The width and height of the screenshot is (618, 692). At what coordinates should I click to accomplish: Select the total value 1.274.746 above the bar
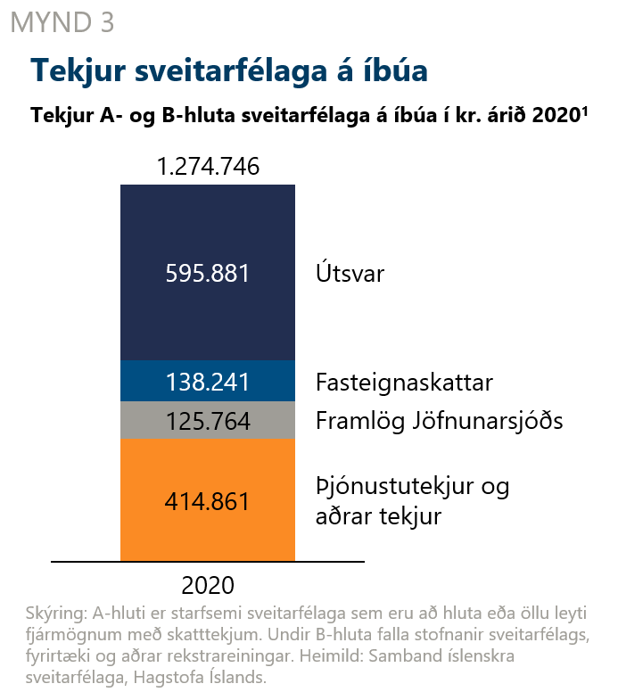(208, 166)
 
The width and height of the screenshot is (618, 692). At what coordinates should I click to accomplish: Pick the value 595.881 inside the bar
(208, 273)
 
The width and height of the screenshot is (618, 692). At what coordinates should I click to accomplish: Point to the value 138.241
(208, 383)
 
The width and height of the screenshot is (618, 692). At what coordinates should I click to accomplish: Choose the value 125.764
(208, 421)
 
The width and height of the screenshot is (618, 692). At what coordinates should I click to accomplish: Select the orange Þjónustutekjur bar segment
(208, 535)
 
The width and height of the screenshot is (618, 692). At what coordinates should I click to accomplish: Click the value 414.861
(208, 501)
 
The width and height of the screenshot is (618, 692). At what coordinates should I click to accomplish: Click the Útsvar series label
(350, 273)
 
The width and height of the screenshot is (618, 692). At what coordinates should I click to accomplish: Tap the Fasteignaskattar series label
(405, 383)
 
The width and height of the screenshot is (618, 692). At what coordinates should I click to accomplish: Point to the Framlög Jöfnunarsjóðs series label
(440, 421)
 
